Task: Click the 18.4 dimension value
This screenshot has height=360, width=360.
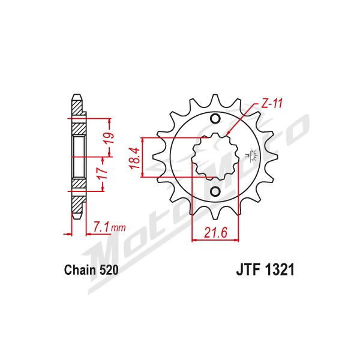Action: pyautogui.click(x=134, y=158)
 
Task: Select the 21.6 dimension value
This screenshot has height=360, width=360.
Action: pyautogui.click(x=215, y=233)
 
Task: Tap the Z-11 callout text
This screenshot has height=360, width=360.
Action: pyautogui.click(x=271, y=104)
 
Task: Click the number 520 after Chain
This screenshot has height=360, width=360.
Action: pyautogui.click(x=109, y=270)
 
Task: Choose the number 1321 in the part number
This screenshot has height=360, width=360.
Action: pyautogui.click(x=280, y=269)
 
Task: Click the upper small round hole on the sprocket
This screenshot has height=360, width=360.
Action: pyautogui.click(x=215, y=118)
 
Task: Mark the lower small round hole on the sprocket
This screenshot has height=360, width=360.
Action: pyautogui.click(x=215, y=192)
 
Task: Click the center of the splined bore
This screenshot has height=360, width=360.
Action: pyautogui.click(x=215, y=157)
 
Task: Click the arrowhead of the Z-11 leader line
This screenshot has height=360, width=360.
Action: pyautogui.click(x=227, y=134)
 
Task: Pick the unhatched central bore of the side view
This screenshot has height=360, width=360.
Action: pyautogui.click(x=79, y=157)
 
